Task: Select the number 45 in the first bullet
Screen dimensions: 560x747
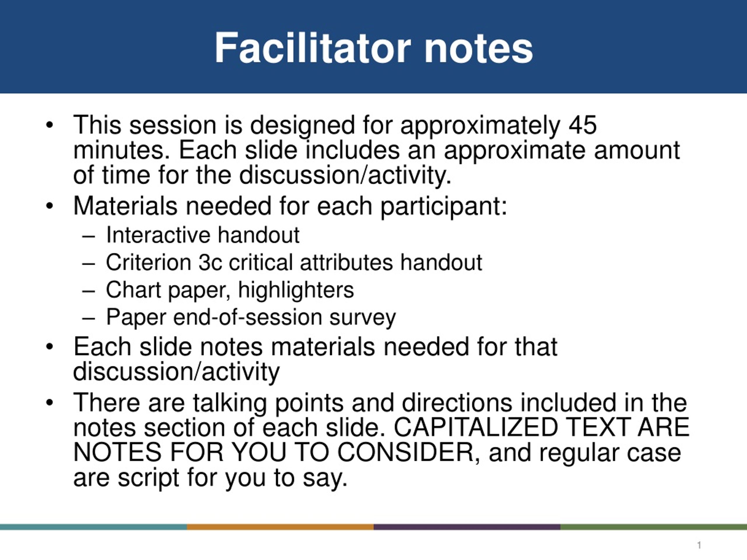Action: click(x=583, y=125)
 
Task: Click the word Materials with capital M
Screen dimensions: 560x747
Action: click(x=125, y=206)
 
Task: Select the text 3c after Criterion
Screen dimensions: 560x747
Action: click(x=210, y=262)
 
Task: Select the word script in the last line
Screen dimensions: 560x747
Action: click(x=148, y=479)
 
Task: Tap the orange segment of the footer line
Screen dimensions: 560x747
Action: click(x=280, y=527)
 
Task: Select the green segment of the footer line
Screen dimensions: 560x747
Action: click(x=653, y=527)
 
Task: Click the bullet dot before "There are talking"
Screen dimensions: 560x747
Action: click(x=50, y=403)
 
